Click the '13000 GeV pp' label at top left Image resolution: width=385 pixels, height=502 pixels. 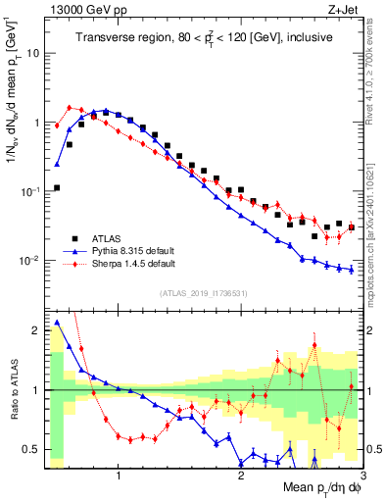80,10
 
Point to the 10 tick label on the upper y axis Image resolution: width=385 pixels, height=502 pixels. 33,53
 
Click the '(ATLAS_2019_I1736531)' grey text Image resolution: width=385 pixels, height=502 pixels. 204,292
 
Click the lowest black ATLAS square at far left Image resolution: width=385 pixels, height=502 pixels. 57,187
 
